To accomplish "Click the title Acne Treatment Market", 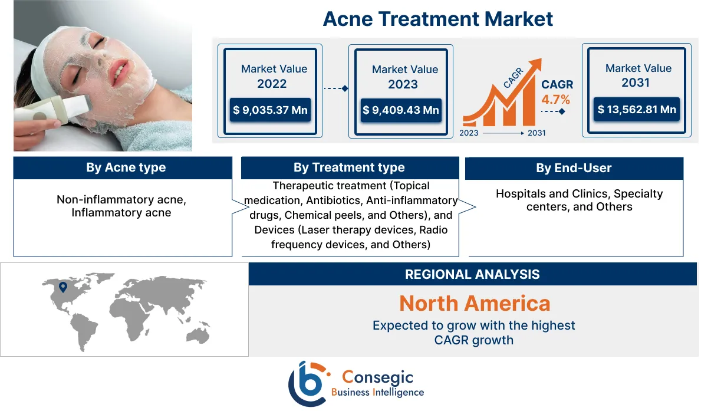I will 438,19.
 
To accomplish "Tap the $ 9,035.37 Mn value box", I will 270,110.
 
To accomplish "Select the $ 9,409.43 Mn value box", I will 401,110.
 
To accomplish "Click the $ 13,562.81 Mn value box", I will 637,109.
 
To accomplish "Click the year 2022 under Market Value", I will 272,84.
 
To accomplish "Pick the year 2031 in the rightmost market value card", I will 636,83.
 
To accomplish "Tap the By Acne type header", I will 123,167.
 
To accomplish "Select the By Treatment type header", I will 349,167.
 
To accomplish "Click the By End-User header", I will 574,168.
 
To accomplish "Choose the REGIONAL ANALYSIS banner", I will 472,274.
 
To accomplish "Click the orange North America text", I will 475,303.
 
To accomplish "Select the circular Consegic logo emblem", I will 307,384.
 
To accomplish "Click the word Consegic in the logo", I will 378,377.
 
